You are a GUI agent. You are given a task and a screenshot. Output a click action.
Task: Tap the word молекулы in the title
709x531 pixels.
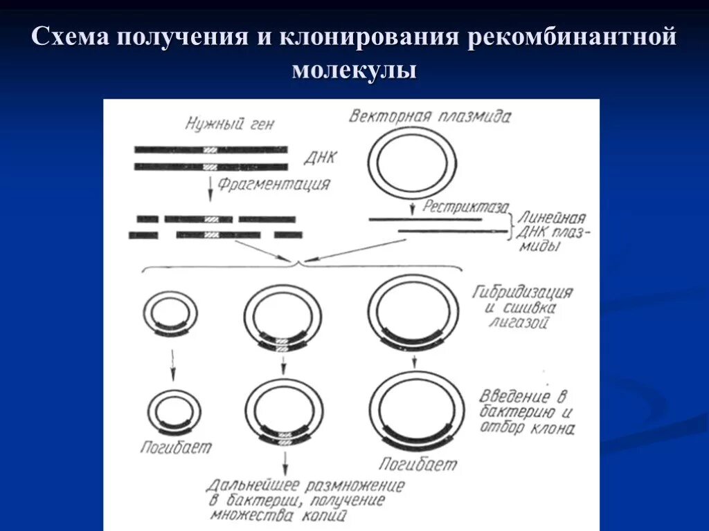[x=354, y=70]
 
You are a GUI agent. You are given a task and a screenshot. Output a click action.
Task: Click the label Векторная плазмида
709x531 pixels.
[x=430, y=115]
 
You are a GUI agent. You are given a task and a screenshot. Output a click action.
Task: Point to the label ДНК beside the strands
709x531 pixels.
[x=320, y=157]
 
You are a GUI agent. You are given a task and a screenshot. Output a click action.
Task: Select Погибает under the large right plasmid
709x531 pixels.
[x=418, y=463]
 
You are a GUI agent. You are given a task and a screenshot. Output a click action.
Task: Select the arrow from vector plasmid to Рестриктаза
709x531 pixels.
[x=413, y=206]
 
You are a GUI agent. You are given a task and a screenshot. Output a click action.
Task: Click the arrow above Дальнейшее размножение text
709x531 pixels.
[x=285, y=461]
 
